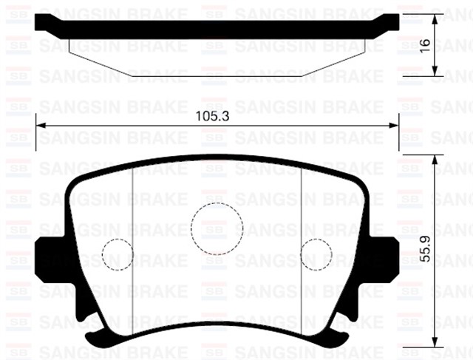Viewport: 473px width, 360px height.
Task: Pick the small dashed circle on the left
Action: pos(117,254)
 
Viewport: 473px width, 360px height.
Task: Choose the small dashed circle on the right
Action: pos(317,254)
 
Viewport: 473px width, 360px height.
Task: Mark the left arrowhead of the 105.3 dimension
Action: pos(40,124)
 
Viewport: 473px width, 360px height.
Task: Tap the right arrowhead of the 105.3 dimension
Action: pos(395,124)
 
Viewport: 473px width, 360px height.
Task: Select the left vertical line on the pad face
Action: pos(132,222)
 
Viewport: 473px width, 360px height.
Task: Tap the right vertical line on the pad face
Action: pos(302,222)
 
